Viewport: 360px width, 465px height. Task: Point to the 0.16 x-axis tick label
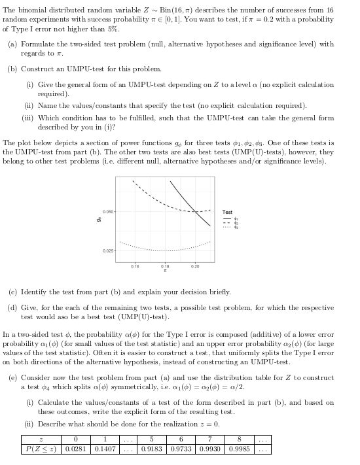point(135,267)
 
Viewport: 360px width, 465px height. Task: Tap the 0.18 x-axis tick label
point(165,267)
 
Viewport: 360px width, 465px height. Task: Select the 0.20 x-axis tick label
point(195,267)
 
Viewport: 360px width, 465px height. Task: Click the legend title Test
point(227,212)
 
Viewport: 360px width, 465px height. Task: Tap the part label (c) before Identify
point(12,292)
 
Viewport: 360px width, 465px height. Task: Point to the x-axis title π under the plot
point(165,273)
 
